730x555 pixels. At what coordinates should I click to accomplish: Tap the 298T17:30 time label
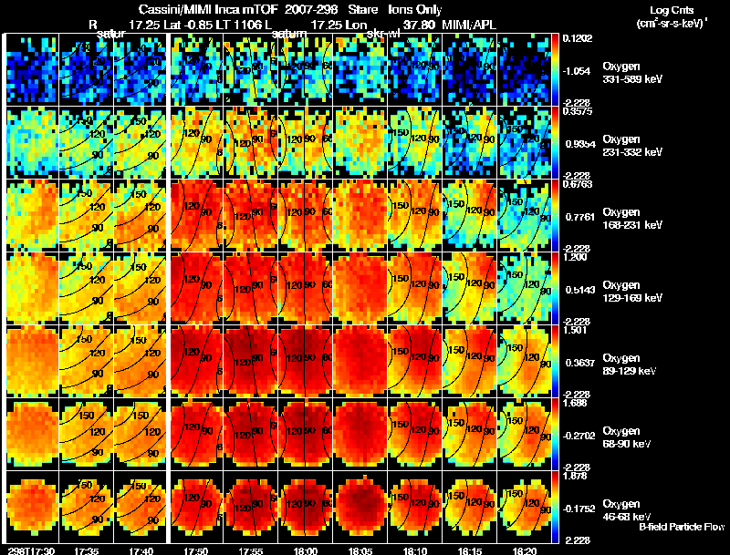point(29,550)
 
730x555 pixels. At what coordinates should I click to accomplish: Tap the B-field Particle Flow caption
point(682,527)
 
